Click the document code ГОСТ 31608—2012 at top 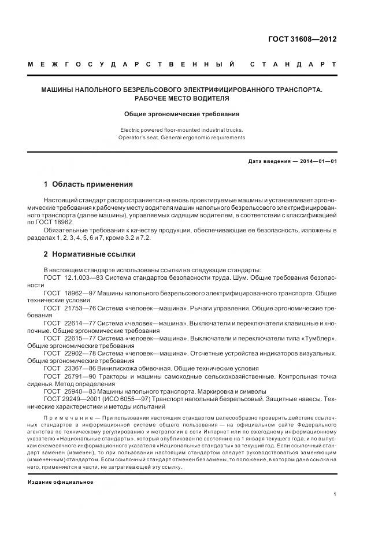302,40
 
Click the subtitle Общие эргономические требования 182,114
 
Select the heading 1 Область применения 88,184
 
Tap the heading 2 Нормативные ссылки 90,253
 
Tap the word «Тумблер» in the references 318,337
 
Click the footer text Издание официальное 60,481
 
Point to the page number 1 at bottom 335,494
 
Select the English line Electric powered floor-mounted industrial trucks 182,129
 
